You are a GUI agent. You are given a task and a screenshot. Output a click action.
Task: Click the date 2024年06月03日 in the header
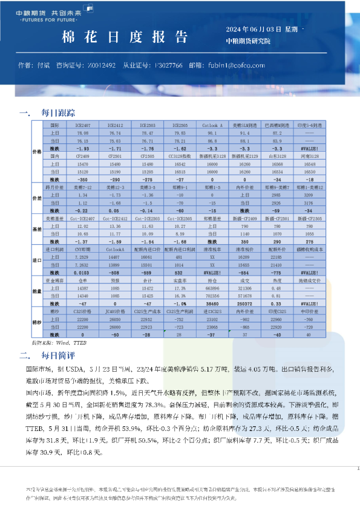(x=254, y=29)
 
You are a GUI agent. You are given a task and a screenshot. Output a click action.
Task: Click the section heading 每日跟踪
(x=58, y=112)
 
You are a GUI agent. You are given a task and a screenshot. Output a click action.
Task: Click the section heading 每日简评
(x=58, y=355)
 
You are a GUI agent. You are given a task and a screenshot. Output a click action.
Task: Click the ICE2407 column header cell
(x=83, y=125)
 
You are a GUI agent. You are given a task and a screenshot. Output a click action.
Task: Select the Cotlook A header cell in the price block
(x=212, y=125)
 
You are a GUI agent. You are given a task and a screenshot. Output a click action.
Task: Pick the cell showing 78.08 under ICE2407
(x=83, y=132)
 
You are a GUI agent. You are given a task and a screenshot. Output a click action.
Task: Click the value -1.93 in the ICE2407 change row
(x=83, y=148)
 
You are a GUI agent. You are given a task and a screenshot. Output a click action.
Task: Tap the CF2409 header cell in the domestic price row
(x=83, y=155)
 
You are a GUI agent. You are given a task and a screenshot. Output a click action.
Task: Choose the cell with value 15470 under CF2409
(x=83, y=163)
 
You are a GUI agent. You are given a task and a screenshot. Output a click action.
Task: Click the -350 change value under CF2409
(x=83, y=179)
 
